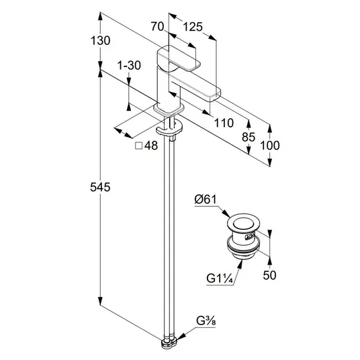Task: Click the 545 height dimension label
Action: coord(100,187)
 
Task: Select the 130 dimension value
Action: coord(100,41)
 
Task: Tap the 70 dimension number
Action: coord(157,26)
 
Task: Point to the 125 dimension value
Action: coord(193,27)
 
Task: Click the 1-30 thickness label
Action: coord(129,65)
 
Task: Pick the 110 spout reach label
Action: coord(224,123)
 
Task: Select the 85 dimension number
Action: coord(249,137)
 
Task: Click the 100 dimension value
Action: coord(270,146)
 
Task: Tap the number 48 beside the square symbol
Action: coord(151,146)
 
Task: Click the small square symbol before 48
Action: coord(139,146)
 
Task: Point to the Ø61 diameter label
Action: coord(206,199)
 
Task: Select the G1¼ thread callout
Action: coord(220,279)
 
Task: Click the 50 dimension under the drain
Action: coord(269,275)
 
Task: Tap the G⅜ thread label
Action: coord(206,321)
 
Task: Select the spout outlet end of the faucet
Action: coord(216,95)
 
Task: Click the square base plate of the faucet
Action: coord(169,109)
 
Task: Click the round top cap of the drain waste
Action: coord(244,222)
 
